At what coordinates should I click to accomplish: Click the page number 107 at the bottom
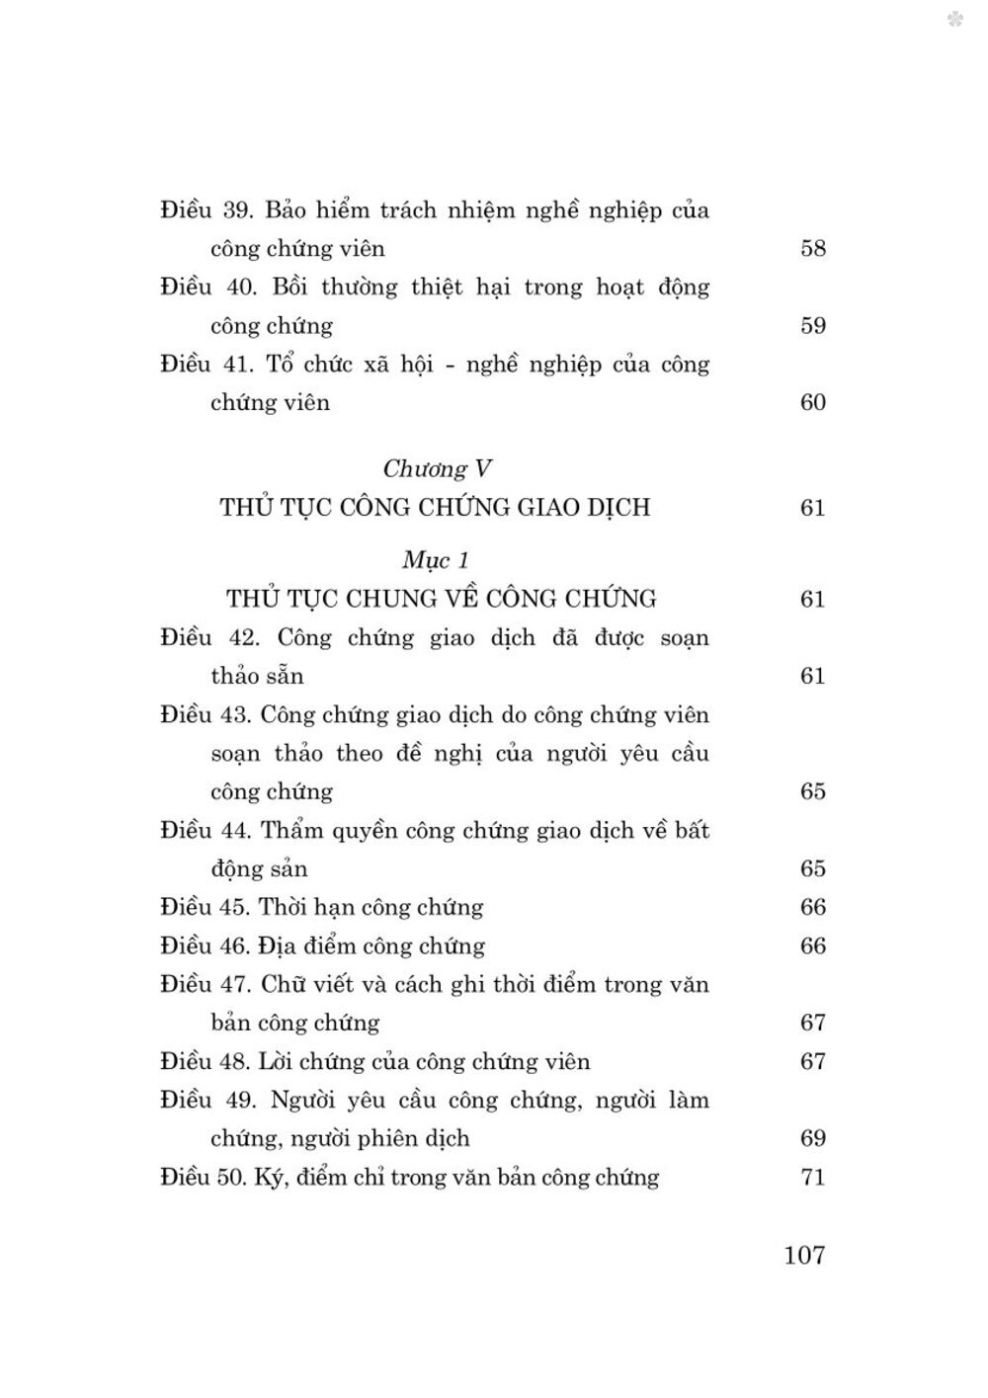point(804,1255)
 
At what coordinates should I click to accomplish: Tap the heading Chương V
point(437,468)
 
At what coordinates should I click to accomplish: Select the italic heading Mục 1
point(436,560)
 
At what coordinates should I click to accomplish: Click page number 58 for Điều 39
point(812,248)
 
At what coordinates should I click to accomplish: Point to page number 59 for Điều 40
point(812,325)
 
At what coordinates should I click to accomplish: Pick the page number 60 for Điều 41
point(812,402)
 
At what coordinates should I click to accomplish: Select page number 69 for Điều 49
point(812,1138)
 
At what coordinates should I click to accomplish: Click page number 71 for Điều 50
point(812,1177)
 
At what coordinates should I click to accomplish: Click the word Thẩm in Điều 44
point(293,830)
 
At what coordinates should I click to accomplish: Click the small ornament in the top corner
point(954,19)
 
